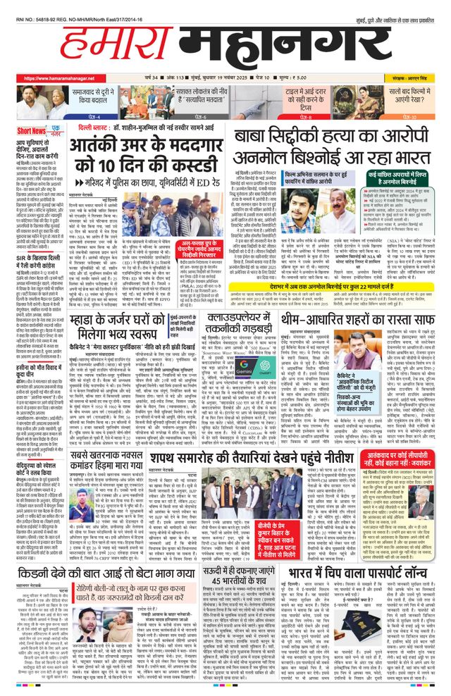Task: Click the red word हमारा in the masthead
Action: [x=106, y=45]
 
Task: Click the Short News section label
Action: [x=32, y=131]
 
